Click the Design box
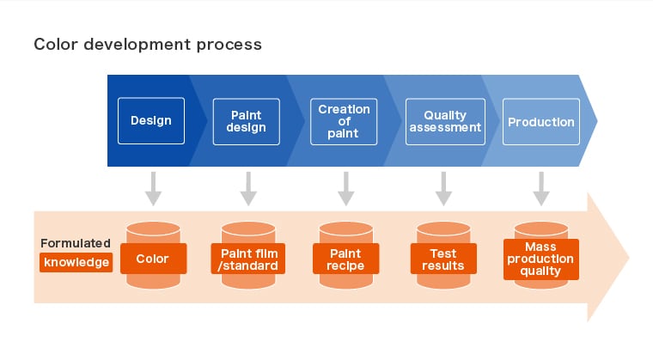coord(151,121)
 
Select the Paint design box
coord(246,122)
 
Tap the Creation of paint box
coord(344,122)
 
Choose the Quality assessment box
coord(445,122)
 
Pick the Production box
coord(541,122)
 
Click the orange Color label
coord(153,259)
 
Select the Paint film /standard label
coord(248,259)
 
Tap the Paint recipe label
coord(345,259)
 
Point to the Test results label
coord(443,259)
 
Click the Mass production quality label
coord(541,259)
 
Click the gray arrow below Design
coord(153,189)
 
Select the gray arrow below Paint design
coord(248,189)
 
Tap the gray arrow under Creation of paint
coord(346,189)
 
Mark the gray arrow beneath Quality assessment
coord(443,189)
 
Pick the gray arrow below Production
coord(541,189)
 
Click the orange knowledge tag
coord(76,262)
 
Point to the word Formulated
coord(76,243)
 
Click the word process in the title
coord(229,45)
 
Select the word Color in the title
coord(56,44)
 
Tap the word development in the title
coord(137,45)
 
